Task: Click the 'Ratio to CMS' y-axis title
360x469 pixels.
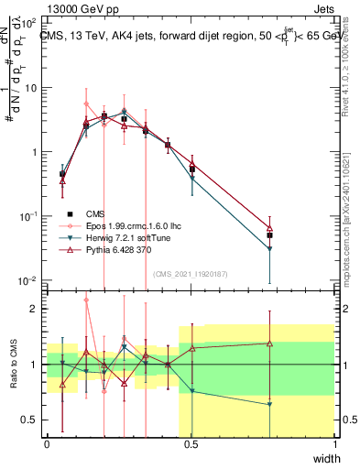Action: pyautogui.click(x=13, y=376)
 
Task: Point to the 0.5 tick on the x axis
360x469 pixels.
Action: pyautogui.click(x=191, y=444)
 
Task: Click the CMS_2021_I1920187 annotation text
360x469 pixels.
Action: pyautogui.click(x=190, y=272)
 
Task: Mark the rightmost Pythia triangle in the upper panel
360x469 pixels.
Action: pyautogui.click(x=269, y=229)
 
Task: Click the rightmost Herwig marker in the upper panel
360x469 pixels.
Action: pyautogui.click(x=269, y=249)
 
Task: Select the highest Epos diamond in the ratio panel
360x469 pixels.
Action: pyautogui.click(x=86, y=300)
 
